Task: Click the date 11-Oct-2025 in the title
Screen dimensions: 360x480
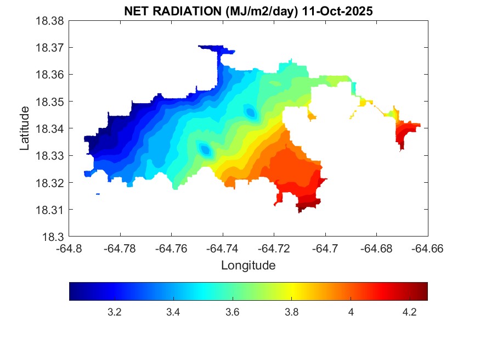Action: click(x=337, y=11)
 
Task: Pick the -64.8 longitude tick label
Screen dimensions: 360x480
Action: click(x=69, y=249)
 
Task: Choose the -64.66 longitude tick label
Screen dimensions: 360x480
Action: click(x=428, y=249)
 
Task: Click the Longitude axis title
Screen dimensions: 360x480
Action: click(x=248, y=266)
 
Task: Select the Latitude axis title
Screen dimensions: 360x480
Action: click(x=25, y=128)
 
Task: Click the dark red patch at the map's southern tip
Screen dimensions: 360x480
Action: click(x=307, y=207)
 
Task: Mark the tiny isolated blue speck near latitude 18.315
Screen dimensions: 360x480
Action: click(x=98, y=194)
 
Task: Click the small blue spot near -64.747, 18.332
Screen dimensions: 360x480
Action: click(x=205, y=149)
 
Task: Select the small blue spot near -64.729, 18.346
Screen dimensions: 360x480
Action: click(x=251, y=113)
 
